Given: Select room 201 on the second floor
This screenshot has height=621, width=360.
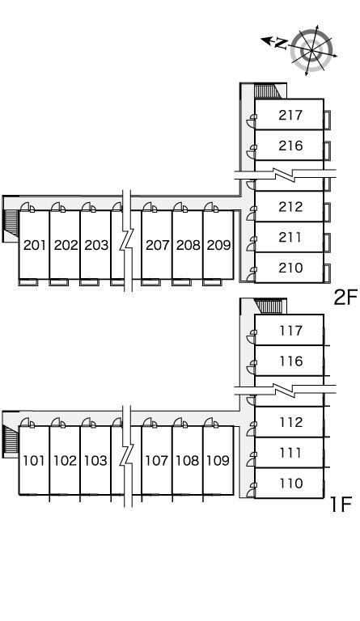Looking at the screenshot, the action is pyautogui.click(x=35, y=245).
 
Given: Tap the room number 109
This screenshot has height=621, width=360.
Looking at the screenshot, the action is pyautogui.click(x=218, y=461).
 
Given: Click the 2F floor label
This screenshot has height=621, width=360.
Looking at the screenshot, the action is pyautogui.click(x=345, y=298).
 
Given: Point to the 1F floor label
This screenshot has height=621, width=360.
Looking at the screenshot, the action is pyautogui.click(x=341, y=505).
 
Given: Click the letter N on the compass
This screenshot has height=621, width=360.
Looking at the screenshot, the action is pyautogui.click(x=281, y=43).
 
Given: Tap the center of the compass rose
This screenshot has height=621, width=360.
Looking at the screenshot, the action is pyautogui.click(x=311, y=51).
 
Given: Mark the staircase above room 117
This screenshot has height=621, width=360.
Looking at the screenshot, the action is pyautogui.click(x=269, y=306).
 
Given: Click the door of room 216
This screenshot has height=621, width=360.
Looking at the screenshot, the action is pyautogui.click(x=251, y=150).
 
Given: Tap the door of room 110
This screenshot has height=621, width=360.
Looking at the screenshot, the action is pyautogui.click(x=251, y=487).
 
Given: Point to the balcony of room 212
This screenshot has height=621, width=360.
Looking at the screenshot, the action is pyautogui.click(x=327, y=212).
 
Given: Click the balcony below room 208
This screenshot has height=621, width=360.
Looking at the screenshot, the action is pyautogui.click(x=181, y=282).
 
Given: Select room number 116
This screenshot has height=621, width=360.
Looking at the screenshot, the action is pyautogui.click(x=290, y=361).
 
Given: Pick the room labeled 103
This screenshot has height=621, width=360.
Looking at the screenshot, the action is pyautogui.click(x=95, y=461).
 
